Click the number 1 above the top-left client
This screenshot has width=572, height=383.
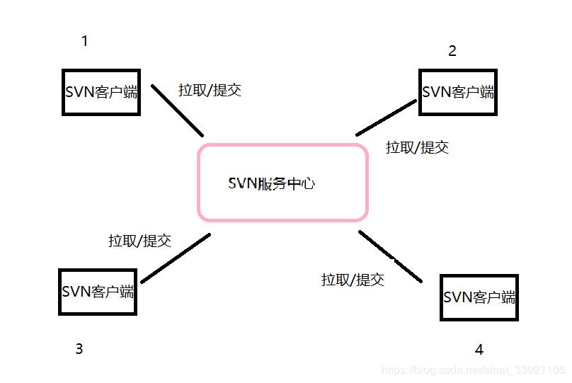[x=85, y=41]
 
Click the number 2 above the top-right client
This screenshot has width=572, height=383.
[x=452, y=51]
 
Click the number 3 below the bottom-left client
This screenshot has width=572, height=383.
[x=79, y=348]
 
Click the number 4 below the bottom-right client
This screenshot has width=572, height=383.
[x=479, y=350]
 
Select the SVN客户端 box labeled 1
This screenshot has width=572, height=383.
[x=101, y=92]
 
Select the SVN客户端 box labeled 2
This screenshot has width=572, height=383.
[x=458, y=92]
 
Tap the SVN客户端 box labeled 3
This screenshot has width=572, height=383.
[x=97, y=292]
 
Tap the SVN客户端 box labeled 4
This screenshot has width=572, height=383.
[x=479, y=297]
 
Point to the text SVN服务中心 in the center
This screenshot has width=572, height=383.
[x=272, y=183]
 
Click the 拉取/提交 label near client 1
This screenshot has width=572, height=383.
[x=210, y=90]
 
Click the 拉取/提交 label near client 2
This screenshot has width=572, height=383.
[x=417, y=147]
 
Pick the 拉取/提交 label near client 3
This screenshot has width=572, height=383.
[x=139, y=241]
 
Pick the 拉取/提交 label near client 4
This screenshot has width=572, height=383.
[x=353, y=280]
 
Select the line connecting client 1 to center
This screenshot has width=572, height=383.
[x=178, y=112]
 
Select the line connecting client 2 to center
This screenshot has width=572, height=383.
[x=387, y=118]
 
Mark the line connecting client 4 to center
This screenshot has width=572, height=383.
[x=390, y=256]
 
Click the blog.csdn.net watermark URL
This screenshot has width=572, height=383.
[x=473, y=370]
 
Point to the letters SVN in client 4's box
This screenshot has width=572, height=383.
[x=457, y=297]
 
